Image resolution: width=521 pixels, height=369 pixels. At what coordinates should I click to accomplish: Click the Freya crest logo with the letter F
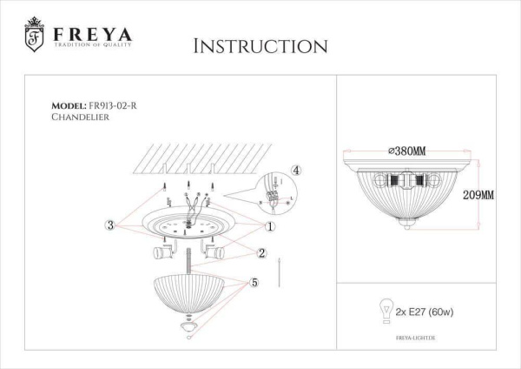[34, 35]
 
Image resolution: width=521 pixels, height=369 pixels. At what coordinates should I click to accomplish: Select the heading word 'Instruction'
[260, 46]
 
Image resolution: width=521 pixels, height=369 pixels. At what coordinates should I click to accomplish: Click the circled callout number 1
[271, 225]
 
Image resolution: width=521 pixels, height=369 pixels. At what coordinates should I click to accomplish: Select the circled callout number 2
[260, 253]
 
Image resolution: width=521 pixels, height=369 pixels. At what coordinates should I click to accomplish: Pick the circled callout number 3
[110, 225]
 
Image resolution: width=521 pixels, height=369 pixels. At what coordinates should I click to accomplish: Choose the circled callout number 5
[254, 283]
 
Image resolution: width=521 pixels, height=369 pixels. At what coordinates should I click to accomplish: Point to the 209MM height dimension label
[478, 196]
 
